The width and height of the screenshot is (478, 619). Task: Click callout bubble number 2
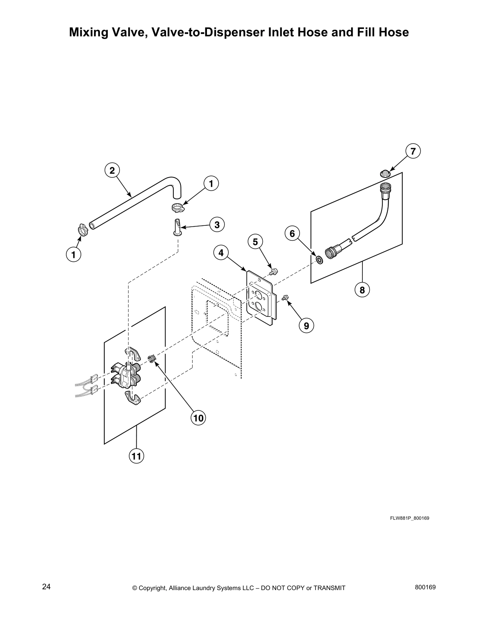click(112, 170)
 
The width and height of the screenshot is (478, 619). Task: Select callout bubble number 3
click(217, 225)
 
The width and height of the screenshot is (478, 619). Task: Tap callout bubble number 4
click(221, 253)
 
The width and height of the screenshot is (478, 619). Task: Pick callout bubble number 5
click(255, 242)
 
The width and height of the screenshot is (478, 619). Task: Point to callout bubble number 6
click(292, 234)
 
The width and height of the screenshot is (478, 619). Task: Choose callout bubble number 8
click(362, 290)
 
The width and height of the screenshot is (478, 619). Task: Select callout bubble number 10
click(198, 418)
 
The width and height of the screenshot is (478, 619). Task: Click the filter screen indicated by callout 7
click(385, 173)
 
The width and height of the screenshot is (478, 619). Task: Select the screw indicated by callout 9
click(285, 298)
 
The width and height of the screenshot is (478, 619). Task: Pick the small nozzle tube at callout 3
click(178, 227)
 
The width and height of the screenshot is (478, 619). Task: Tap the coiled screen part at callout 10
click(152, 358)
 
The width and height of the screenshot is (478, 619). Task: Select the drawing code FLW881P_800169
click(410, 518)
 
